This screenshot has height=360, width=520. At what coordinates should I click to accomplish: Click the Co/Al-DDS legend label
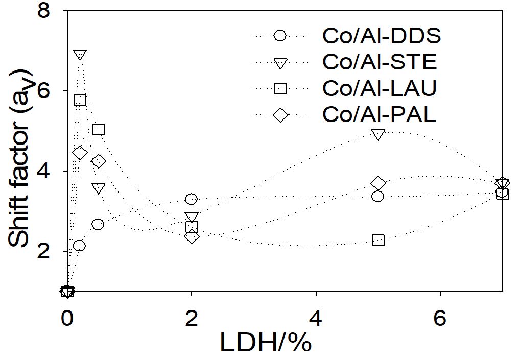click(381, 36)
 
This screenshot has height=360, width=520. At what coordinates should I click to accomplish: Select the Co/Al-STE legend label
click(380, 62)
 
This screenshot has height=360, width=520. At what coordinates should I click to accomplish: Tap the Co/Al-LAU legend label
click(379, 89)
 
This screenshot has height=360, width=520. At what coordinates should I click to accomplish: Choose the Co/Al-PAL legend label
click(379, 115)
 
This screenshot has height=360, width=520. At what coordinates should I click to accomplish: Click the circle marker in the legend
click(280, 36)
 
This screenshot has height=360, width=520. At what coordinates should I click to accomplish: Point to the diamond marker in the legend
click(280, 115)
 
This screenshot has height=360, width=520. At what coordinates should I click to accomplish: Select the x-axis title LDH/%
click(266, 343)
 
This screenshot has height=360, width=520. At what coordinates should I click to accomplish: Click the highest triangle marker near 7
click(80, 55)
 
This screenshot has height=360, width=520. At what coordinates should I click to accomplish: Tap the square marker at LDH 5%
click(378, 239)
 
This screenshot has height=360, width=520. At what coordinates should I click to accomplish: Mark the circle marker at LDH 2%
click(191, 199)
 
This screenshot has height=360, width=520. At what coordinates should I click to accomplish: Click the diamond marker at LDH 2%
click(192, 236)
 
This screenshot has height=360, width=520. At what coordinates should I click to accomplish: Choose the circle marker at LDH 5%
click(377, 196)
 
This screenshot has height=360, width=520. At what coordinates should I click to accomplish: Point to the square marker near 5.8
click(80, 100)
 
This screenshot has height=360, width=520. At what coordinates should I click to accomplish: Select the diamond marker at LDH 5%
click(378, 183)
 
